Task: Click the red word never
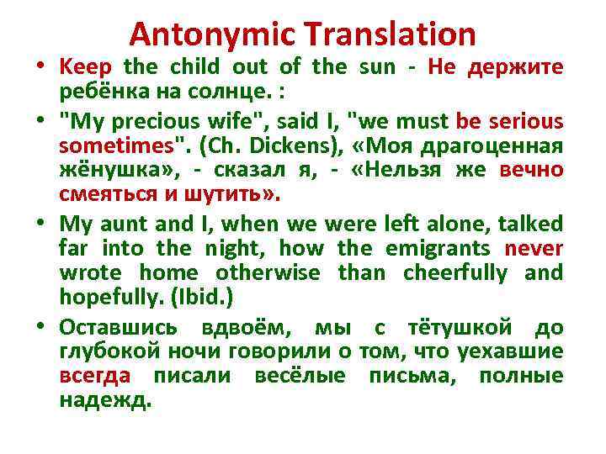pos(534,250)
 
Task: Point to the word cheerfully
pos(456,273)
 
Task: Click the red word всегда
pos(95,376)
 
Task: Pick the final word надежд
pos(105,399)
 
